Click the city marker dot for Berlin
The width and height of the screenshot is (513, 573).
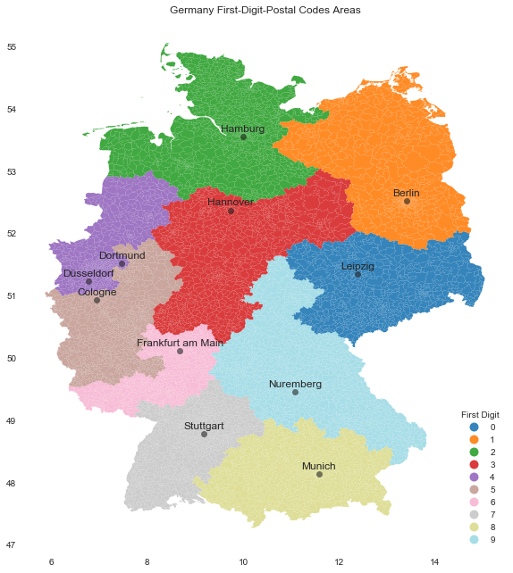point(407,201)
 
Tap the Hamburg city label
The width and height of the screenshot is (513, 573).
point(242,129)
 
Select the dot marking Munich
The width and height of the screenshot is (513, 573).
point(319,474)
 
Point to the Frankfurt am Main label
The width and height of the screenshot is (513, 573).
point(180,343)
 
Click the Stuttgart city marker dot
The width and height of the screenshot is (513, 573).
point(204,434)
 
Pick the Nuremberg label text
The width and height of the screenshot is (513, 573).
point(295,384)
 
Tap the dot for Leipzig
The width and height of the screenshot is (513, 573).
point(357,274)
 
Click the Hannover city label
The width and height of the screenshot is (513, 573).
point(231,203)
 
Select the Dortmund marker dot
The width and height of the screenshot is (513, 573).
point(122,263)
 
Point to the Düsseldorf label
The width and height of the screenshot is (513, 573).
point(88,273)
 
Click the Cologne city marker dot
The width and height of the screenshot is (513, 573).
point(97,300)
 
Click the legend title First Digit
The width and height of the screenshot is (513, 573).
point(480,415)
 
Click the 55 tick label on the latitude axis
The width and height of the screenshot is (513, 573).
point(12,47)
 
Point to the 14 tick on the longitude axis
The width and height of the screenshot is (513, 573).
point(434,562)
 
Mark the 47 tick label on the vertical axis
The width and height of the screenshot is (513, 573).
point(12,545)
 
